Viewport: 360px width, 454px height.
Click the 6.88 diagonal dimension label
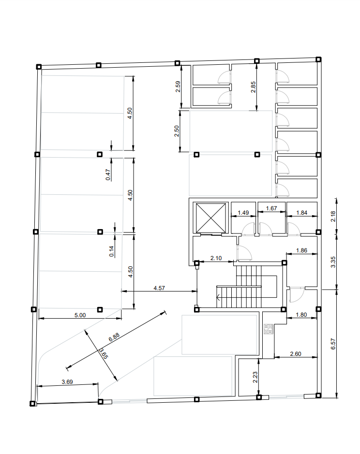pos(114,337)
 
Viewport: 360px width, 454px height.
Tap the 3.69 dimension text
pos(67,382)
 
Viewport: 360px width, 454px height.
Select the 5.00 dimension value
pos(80,315)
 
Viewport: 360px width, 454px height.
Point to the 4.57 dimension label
pos(159,288)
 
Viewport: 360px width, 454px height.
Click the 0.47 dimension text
pos(108,175)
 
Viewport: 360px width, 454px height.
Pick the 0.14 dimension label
pos(112,251)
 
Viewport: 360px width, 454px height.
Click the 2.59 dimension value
pos(178,87)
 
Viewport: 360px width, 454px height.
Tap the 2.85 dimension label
pos(254,87)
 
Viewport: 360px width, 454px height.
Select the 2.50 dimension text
pos(177,131)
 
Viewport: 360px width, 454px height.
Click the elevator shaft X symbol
pos(211,218)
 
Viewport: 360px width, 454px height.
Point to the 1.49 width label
pos(243,213)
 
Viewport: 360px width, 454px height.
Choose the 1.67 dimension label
pos(271,208)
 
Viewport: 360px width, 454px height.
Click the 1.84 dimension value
pos(302,213)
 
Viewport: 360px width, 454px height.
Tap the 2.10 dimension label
pos(216,258)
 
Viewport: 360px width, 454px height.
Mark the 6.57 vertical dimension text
pos(333,344)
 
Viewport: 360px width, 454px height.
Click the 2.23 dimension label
pos(255,377)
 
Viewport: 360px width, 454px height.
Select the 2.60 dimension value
pos(296,354)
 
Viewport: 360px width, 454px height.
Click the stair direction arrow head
pos(218,297)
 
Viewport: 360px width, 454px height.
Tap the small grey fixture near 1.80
pos(269,329)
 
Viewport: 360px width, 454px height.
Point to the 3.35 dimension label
pos(333,262)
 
